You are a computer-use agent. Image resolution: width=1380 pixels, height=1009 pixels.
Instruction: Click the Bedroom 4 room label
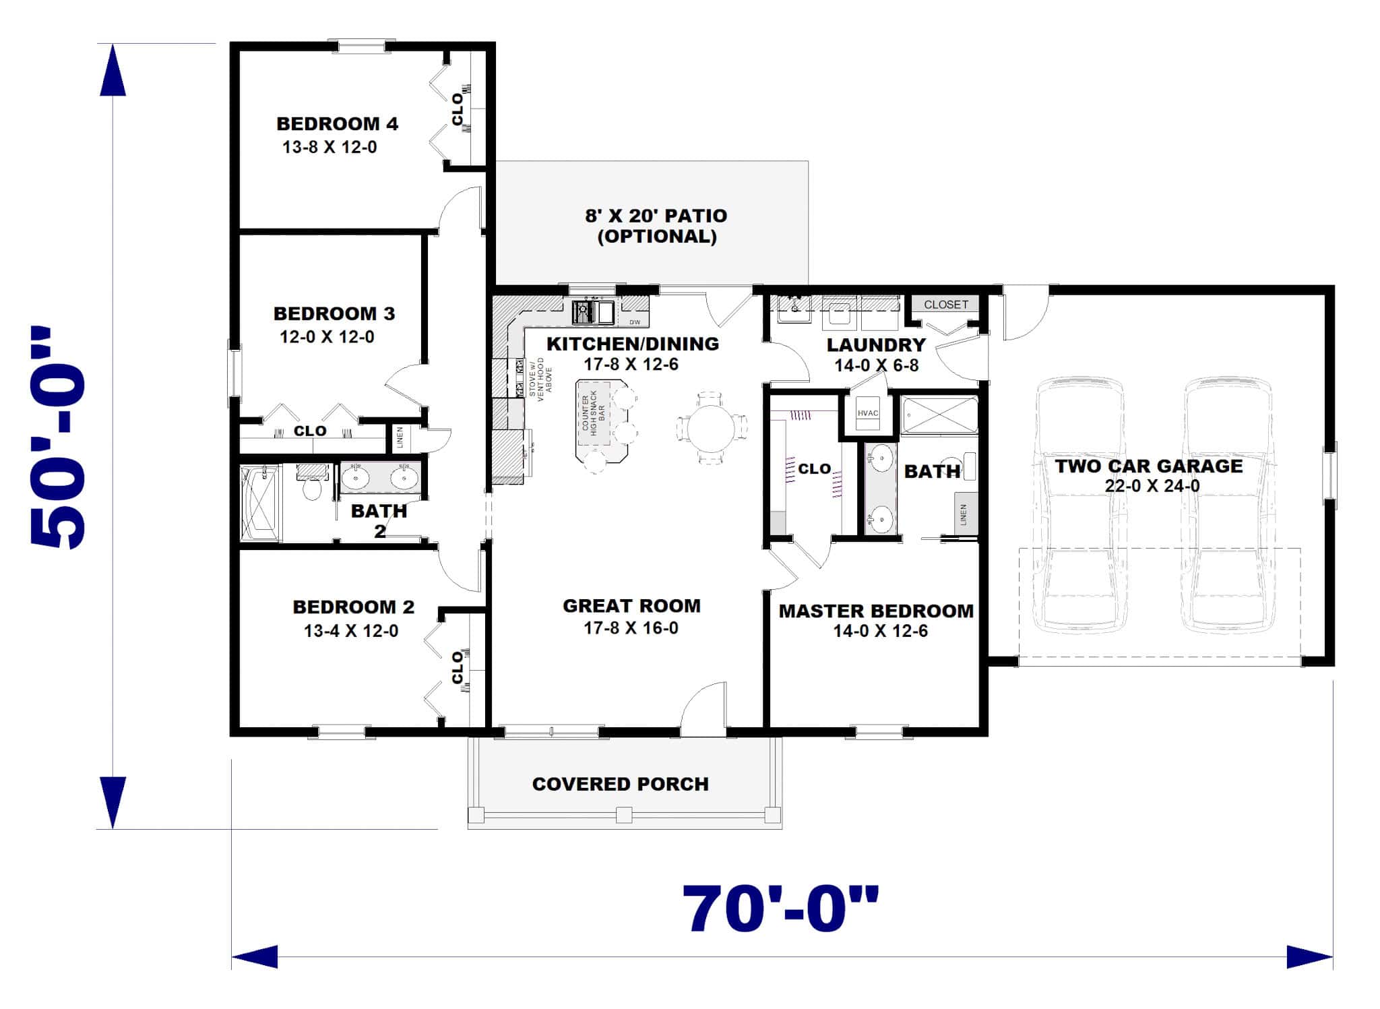click(337, 124)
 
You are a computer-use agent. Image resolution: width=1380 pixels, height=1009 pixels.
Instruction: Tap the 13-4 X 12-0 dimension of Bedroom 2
click(350, 632)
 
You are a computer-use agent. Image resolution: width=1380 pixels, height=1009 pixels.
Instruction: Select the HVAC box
click(868, 414)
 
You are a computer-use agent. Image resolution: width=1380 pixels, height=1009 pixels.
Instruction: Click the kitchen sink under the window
click(592, 312)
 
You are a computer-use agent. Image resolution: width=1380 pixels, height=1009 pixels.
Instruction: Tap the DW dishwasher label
click(635, 322)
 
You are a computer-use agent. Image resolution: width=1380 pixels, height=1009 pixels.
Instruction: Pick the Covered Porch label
click(620, 785)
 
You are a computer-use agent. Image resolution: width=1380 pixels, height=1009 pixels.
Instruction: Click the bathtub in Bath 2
click(261, 503)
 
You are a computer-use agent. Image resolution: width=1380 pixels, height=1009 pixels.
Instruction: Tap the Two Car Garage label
click(1148, 466)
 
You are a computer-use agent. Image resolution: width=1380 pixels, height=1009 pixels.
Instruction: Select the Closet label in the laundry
click(945, 305)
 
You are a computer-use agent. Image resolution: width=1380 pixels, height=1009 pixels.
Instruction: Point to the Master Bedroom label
click(876, 611)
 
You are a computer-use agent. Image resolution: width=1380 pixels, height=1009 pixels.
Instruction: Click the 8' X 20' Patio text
click(656, 216)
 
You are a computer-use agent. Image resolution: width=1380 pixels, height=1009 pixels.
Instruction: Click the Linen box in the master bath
click(964, 514)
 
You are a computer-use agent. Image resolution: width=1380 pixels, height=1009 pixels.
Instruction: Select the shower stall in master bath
click(939, 415)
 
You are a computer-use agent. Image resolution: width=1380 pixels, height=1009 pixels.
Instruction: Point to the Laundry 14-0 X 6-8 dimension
click(876, 366)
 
